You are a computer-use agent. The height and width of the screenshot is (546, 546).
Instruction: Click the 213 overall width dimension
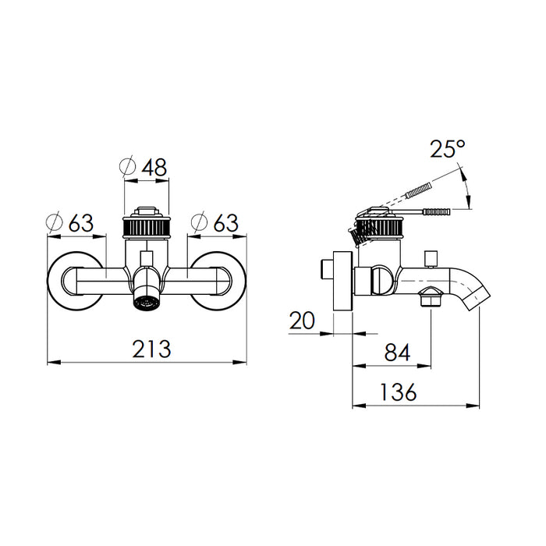pyautogui.click(x=151, y=349)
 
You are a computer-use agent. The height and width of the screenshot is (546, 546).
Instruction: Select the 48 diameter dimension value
pyautogui.click(x=154, y=167)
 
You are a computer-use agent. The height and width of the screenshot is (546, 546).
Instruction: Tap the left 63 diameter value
pyautogui.click(x=81, y=223)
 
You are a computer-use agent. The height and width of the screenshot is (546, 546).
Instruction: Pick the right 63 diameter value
pyautogui.click(x=225, y=223)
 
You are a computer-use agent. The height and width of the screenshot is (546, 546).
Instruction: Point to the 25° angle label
pyautogui.click(x=448, y=149)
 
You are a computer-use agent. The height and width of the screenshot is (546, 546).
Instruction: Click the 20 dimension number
pyautogui.click(x=302, y=321)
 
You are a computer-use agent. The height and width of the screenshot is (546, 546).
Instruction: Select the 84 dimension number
pyautogui.click(x=398, y=353)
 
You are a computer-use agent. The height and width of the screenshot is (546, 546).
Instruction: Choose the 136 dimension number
pyautogui.click(x=398, y=392)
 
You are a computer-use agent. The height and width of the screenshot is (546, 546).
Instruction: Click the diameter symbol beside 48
pyautogui.click(x=127, y=167)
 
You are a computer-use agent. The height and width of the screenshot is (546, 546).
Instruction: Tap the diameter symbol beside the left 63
pyautogui.click(x=55, y=222)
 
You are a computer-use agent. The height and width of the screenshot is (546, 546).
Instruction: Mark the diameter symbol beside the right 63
pyautogui.click(x=200, y=222)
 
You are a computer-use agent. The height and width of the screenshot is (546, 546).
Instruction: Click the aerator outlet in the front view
pyautogui.click(x=147, y=299)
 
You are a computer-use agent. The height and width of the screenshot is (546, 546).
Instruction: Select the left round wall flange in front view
pyautogui.click(x=75, y=281)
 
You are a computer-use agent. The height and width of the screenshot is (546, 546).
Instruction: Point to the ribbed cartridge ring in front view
pyautogui.click(x=147, y=227)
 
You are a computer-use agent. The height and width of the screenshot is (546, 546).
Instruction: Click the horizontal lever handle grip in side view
pyautogui.click(x=436, y=211)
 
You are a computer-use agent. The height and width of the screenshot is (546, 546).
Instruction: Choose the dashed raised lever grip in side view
pyautogui.click(x=419, y=190)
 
